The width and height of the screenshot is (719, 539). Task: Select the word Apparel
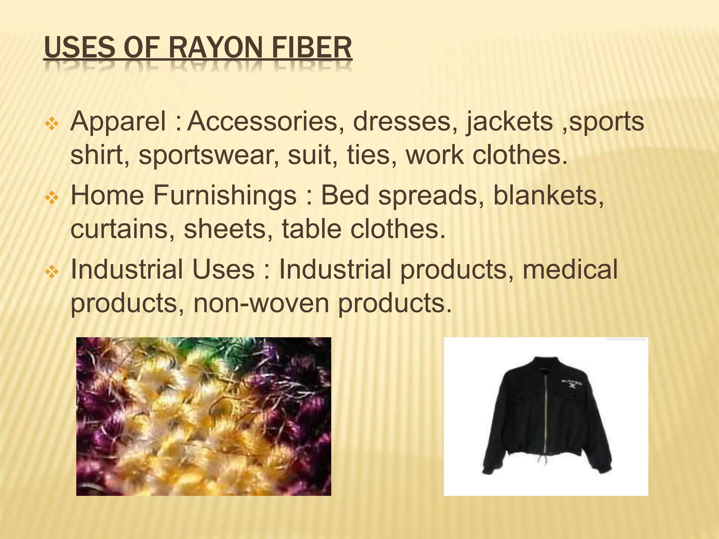point(118,122)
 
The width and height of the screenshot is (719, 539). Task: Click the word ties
point(369,155)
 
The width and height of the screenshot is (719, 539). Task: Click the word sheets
point(228,229)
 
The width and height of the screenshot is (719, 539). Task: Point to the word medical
point(570,269)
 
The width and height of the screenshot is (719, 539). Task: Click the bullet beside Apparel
point(52,124)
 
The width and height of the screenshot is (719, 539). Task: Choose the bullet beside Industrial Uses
point(52,272)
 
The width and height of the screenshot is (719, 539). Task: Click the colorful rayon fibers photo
point(204,416)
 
